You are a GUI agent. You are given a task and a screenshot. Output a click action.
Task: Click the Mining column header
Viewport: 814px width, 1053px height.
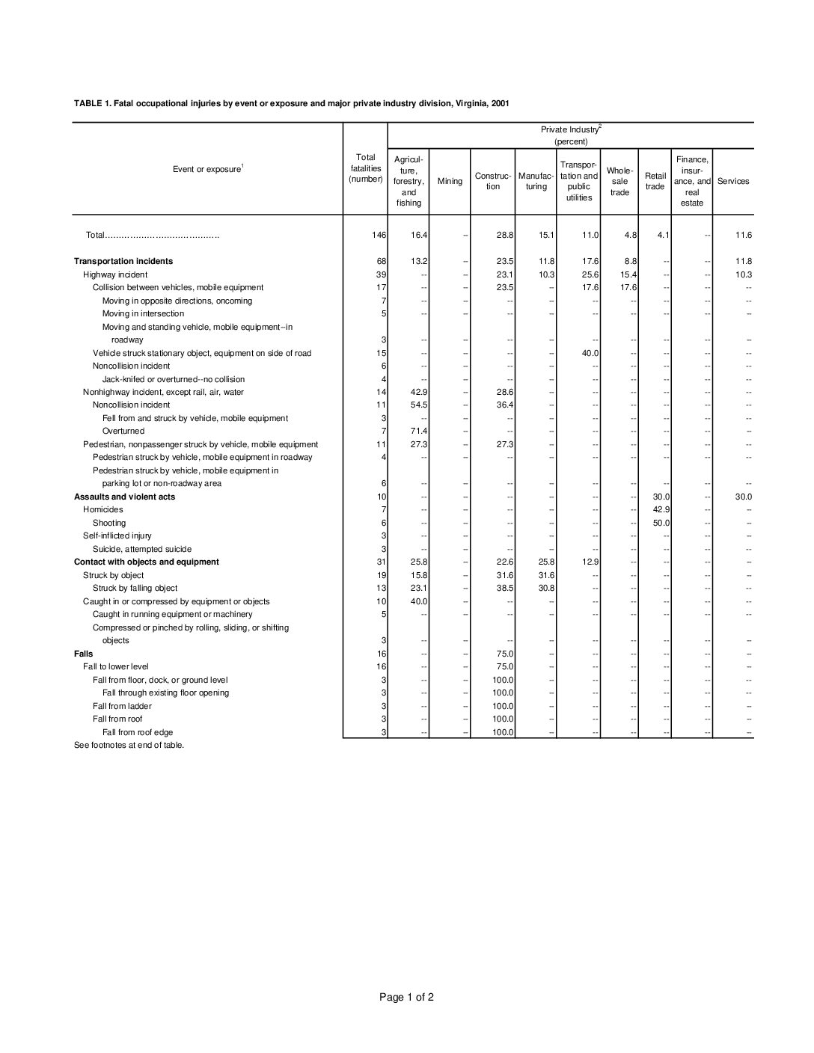point(450,181)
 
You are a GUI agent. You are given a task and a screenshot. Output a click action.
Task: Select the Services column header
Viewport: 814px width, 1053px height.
point(732,181)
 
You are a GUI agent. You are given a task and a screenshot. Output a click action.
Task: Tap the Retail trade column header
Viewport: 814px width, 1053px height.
point(655,181)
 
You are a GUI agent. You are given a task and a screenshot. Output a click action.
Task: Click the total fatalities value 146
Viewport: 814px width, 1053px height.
point(379,235)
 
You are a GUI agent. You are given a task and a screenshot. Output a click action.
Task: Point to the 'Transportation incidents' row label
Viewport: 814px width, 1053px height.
point(123,261)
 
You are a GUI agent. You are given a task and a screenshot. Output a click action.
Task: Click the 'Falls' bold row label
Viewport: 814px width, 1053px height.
point(84,654)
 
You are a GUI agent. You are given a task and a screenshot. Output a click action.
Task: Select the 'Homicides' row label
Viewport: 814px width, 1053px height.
point(103,509)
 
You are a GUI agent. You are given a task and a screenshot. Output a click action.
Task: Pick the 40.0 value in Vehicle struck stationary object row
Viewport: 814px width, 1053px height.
point(590,353)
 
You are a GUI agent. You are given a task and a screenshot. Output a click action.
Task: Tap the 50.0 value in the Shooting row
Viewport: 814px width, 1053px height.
point(661,523)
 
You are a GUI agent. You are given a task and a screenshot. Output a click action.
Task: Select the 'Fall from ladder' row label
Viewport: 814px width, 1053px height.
point(122,706)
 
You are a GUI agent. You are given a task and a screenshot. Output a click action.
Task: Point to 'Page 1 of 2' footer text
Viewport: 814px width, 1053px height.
point(406,997)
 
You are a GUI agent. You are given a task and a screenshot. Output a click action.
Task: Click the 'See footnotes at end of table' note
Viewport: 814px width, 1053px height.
point(129,745)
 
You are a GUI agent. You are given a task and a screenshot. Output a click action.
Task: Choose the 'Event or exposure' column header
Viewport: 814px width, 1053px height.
point(208,169)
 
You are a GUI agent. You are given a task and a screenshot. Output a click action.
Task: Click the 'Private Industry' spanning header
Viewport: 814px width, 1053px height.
point(571,130)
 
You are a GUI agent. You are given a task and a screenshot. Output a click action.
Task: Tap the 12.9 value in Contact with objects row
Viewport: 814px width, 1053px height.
point(590,562)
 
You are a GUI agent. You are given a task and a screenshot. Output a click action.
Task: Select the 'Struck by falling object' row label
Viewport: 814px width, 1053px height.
point(135,588)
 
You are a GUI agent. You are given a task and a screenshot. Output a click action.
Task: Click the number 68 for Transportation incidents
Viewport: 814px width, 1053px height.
point(381,261)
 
